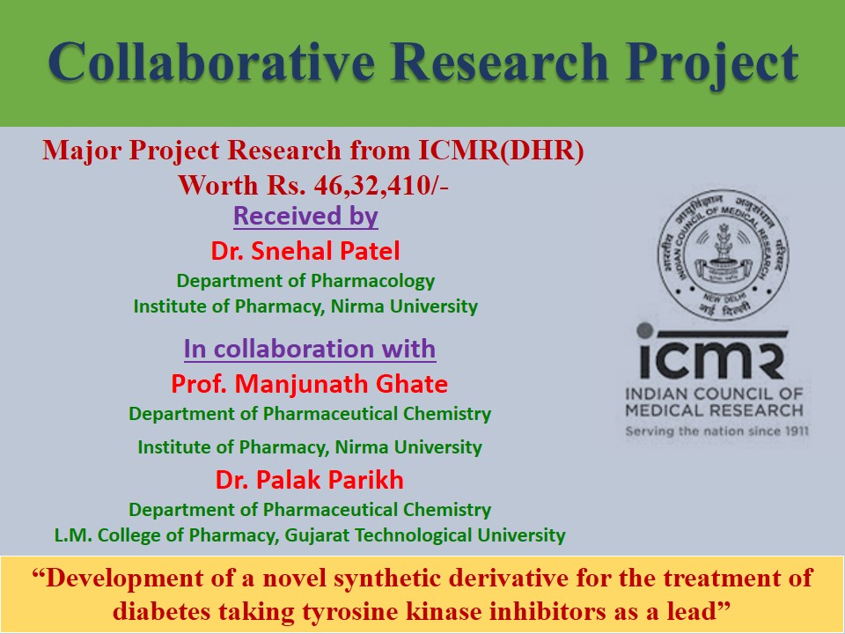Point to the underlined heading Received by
[305, 216]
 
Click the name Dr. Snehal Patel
[305, 251]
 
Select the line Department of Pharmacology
[305, 281]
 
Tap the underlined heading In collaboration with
[310, 349]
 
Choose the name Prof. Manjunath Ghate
[309, 384]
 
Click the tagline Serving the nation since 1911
[716, 431]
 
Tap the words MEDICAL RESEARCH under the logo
[714, 410]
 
